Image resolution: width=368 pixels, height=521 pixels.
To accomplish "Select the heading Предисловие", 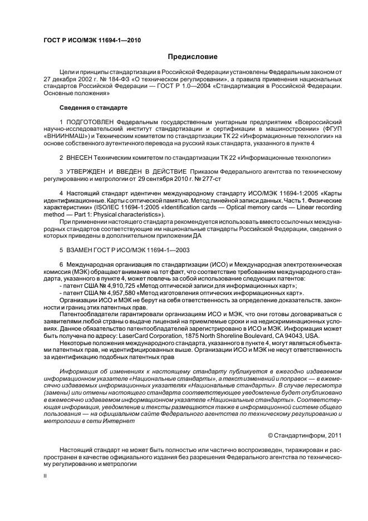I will (193, 57).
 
